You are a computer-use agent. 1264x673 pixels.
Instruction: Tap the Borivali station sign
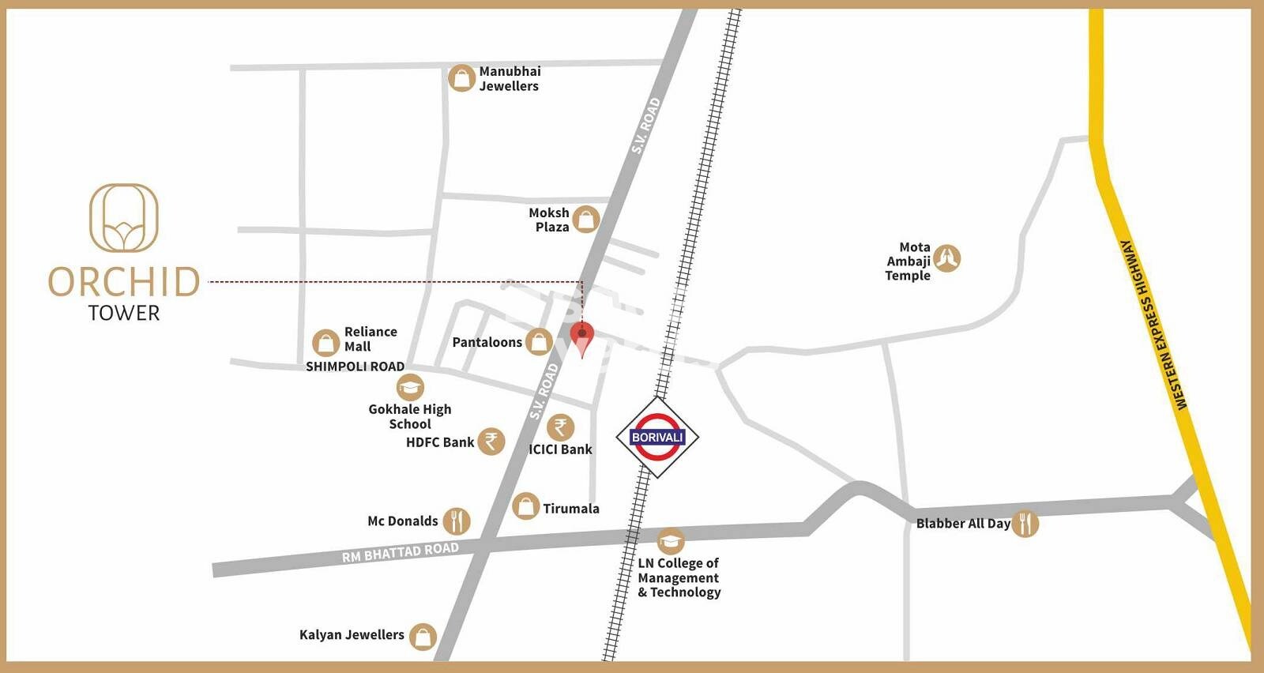656,437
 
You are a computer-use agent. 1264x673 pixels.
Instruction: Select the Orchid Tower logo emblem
124,218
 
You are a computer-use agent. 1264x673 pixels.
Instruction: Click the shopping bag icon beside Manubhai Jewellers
461,78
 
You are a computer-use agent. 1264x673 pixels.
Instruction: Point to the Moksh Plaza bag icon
585,219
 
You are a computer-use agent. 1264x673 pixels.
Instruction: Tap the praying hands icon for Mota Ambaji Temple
946,258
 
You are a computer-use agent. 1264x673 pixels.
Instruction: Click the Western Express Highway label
1154,325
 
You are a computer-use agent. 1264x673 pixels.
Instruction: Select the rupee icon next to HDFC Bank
491,441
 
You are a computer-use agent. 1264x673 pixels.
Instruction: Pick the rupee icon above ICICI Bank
560,427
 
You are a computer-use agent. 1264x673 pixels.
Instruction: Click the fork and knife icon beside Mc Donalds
457,521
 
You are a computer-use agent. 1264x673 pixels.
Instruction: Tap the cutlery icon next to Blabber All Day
1025,523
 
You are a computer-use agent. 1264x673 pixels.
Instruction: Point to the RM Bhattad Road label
400,552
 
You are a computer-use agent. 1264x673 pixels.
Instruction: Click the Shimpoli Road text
355,367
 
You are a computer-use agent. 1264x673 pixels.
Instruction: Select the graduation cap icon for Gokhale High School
409,387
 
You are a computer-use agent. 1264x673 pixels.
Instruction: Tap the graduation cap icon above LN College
670,541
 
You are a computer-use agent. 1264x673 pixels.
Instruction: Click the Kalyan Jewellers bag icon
423,636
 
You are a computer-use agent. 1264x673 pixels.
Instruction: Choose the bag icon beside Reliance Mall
325,343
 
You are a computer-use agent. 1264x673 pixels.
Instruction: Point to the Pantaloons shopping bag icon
539,342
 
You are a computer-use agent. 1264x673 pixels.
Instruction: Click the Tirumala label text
570,509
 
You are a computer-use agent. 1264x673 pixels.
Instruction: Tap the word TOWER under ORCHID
124,314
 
